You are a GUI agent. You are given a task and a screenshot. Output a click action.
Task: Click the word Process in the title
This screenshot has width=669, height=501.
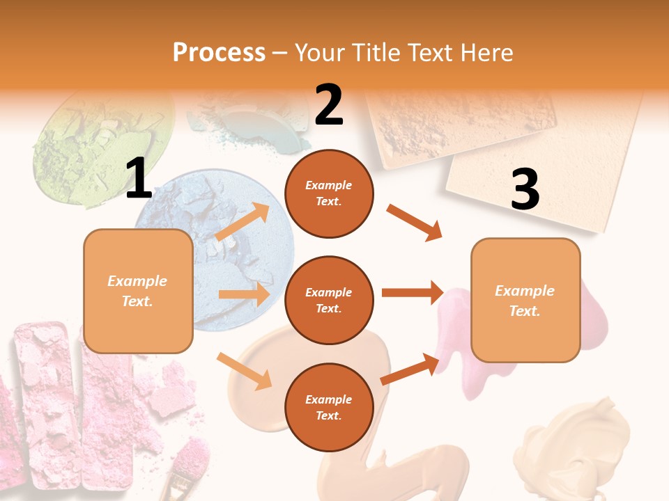point(219,53)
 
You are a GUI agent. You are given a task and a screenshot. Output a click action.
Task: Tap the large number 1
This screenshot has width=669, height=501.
point(139,179)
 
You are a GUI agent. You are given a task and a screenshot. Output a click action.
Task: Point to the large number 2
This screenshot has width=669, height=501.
point(329,105)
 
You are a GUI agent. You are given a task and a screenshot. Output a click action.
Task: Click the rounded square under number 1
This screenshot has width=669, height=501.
point(138,291)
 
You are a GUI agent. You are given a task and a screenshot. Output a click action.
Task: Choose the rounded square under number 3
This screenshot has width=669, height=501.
point(525,300)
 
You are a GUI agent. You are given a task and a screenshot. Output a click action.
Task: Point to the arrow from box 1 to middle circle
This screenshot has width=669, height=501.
point(243,294)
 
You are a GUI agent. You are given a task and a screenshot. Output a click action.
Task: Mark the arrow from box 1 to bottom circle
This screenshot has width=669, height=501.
point(245,371)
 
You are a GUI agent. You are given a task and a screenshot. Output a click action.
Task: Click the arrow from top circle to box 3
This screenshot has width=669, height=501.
point(414,223)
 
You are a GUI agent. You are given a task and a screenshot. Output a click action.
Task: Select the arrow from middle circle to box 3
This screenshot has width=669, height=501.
point(413,293)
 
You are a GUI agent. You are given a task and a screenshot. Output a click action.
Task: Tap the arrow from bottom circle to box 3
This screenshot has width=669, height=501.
point(410,369)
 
